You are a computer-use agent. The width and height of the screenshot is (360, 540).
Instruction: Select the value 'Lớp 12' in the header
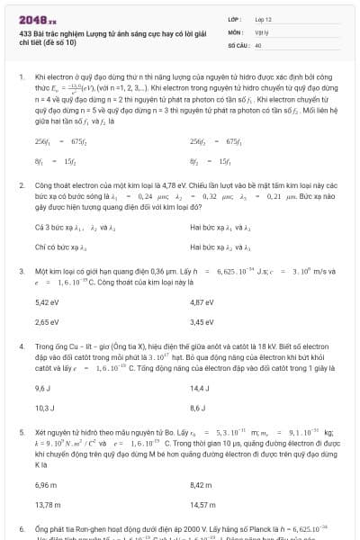point(264,18)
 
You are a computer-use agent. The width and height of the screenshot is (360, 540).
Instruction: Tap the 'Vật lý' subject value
point(262,31)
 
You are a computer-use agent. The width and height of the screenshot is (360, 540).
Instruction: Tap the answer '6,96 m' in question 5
point(46,485)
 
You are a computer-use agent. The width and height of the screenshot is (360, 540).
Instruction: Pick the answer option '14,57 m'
point(203,504)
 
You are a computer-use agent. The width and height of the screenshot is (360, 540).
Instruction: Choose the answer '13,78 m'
point(48,504)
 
